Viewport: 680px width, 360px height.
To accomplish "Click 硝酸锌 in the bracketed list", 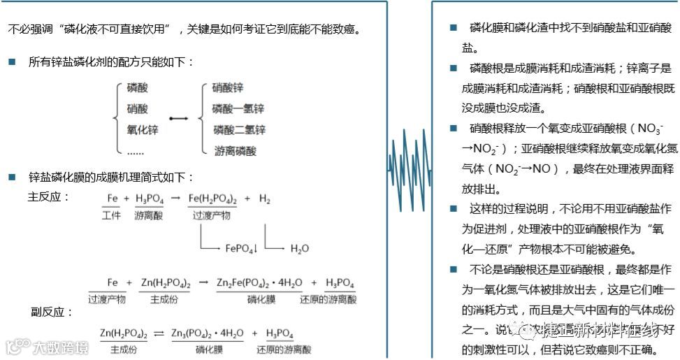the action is [227, 88].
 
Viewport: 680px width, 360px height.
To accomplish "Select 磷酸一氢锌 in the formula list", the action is [238, 109].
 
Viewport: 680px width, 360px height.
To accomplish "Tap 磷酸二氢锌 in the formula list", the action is [238, 130].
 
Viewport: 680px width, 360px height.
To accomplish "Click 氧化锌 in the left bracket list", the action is [142, 130].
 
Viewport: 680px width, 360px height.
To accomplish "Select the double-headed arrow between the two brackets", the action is [179, 119].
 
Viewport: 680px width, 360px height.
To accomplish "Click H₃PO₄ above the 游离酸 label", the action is [149, 199].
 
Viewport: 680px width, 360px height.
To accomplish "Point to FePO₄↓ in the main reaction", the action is [241, 248].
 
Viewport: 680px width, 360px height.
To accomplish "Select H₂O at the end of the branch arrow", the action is [299, 248].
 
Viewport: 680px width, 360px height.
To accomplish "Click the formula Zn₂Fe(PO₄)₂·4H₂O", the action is [259, 282].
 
